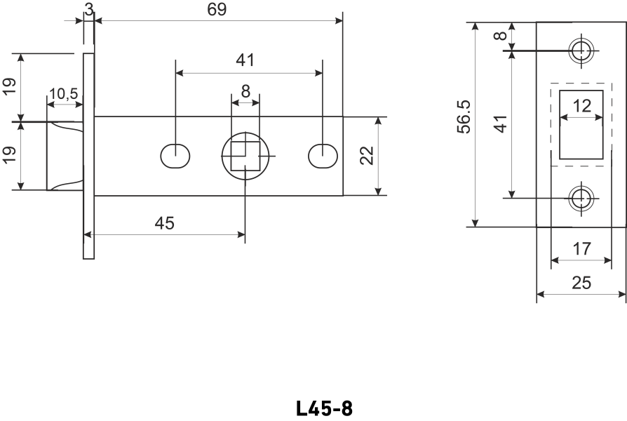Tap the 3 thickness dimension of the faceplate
(88, 8)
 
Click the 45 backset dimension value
(164, 223)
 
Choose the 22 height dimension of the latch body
(366, 155)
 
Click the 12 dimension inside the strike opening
(581, 107)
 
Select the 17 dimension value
(581, 249)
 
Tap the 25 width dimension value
(581, 283)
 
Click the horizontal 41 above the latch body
(245, 61)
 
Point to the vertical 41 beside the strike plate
(500, 124)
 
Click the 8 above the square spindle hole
(245, 91)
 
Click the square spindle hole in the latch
(245, 155)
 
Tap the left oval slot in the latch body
(175, 155)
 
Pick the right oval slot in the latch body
(322, 155)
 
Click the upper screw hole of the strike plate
(581, 51)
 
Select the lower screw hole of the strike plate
(581, 199)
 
